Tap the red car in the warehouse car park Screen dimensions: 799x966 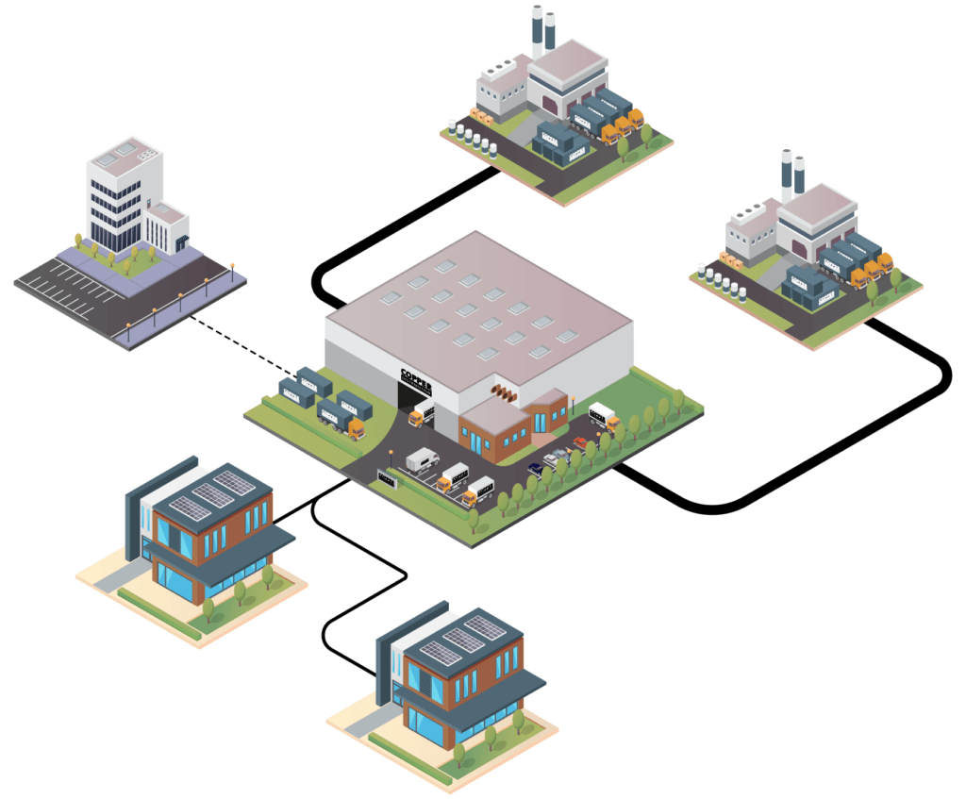(x=579, y=442)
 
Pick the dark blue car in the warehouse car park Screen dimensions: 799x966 (x=536, y=467)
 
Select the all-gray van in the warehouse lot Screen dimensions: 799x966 (x=421, y=459)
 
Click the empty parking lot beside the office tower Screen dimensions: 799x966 (x=66, y=288)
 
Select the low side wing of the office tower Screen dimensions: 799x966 (x=168, y=226)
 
